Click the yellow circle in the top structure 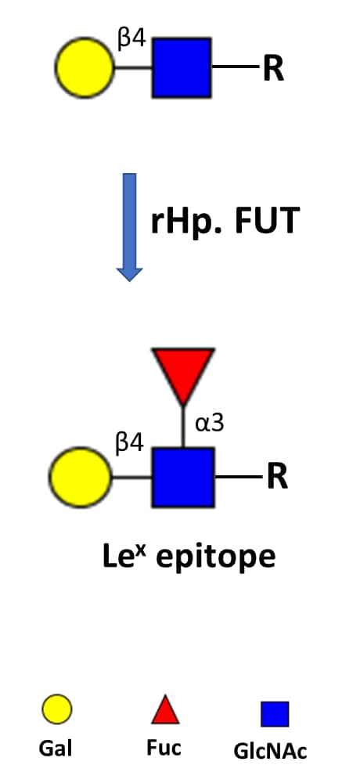pyautogui.click(x=85, y=67)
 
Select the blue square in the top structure pyautogui.click(x=182, y=67)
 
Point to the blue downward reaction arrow pyautogui.click(x=129, y=227)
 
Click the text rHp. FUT pyautogui.click(x=225, y=222)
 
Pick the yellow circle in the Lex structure pyautogui.click(x=80, y=478)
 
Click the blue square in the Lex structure pyautogui.click(x=183, y=478)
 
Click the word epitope pyautogui.click(x=216, y=558)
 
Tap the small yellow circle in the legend pyautogui.click(x=56, y=709)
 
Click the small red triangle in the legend pyautogui.click(x=165, y=710)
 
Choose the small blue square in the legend pyautogui.click(x=275, y=713)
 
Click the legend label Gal pyautogui.click(x=56, y=749)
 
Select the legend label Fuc pyautogui.click(x=164, y=748)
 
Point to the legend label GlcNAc pyautogui.click(x=270, y=751)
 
